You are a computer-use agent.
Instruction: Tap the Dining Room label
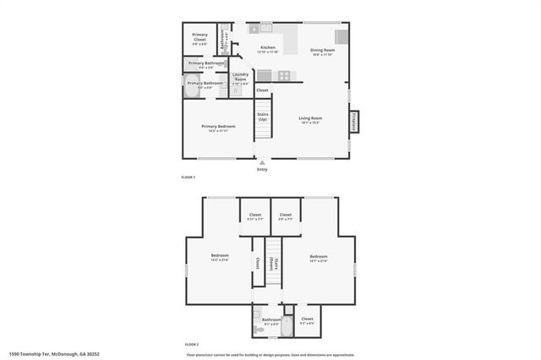[x=322, y=51]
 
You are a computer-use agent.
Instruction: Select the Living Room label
[x=310, y=118]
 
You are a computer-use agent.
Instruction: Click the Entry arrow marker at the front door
[x=262, y=162]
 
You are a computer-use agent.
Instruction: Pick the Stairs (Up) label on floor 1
[x=262, y=117]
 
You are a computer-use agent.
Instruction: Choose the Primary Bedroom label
[x=217, y=127]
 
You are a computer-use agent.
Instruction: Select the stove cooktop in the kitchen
[x=285, y=76]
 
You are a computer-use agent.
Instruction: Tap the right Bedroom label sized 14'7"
[x=318, y=257]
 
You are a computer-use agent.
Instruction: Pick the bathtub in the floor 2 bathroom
[x=287, y=320]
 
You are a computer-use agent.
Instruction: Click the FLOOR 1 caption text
[x=189, y=177]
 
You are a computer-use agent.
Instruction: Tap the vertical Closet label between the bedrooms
[x=257, y=263]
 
